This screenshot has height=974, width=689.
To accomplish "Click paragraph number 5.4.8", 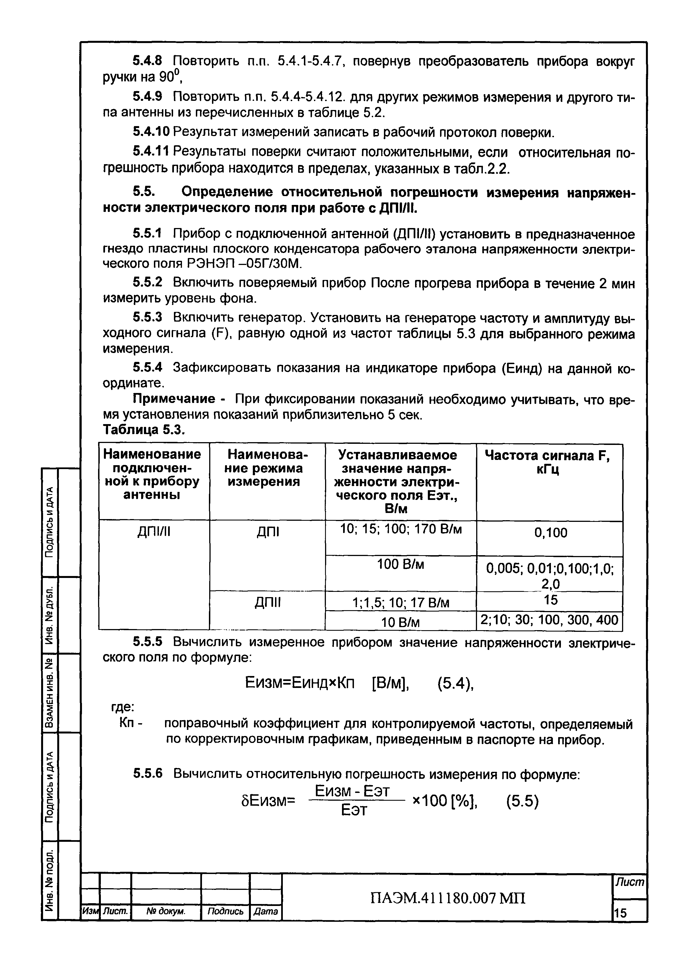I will tap(147, 61).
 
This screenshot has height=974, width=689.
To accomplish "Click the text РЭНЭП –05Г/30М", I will tap(244, 264).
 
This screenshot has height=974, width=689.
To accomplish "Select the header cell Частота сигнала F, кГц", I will tap(550, 462).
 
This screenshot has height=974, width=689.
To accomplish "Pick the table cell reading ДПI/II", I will tap(154, 531).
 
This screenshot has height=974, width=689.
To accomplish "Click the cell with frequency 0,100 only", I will tap(550, 533).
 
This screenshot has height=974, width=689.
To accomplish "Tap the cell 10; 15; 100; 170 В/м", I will tap(401, 529).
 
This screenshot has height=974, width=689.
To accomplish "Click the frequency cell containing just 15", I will tap(550, 600).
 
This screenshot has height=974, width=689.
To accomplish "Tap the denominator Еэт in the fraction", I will tap(354, 811).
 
